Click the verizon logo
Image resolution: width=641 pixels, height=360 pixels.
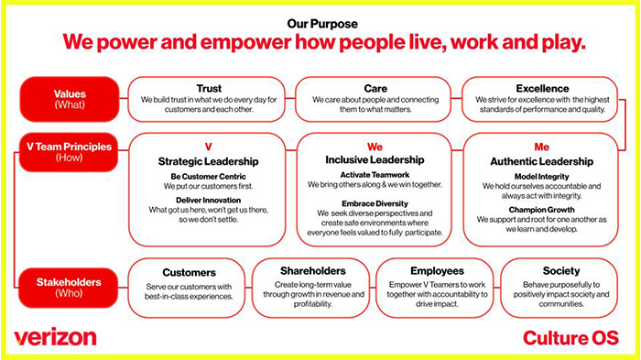tap(55, 336)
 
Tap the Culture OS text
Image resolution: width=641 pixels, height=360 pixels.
tap(570, 337)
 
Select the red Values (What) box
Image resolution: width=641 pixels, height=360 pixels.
tap(70, 99)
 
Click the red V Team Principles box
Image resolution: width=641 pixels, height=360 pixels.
tap(70, 149)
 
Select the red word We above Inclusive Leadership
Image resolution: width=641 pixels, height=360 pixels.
tap(375, 147)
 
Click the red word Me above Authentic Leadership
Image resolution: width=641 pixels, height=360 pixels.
tap(541, 147)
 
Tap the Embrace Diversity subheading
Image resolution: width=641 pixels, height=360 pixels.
tap(375, 202)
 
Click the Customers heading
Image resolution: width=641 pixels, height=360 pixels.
tap(189, 272)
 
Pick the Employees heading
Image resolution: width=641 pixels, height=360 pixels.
tap(435, 271)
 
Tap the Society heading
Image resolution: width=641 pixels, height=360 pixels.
tap(560, 271)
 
